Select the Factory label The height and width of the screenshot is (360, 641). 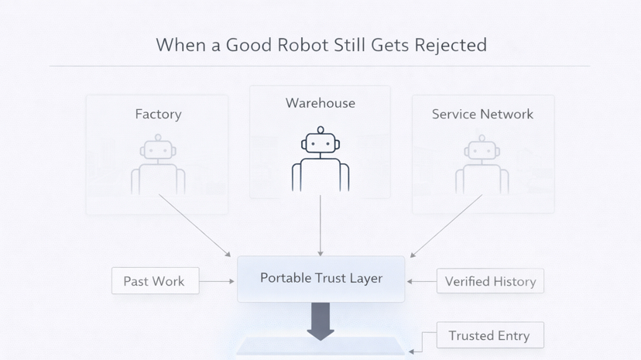coord(158,114)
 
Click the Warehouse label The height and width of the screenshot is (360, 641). coord(320,103)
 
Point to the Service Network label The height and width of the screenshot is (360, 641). coord(482,114)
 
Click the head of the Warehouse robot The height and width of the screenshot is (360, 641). coord(320,144)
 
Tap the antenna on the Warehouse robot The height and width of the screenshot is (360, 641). coord(320,130)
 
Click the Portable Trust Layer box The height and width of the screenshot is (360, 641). coord(320,278)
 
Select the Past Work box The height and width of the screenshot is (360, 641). coord(155,281)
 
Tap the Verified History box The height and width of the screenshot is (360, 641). coord(490,281)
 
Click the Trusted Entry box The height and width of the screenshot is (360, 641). coord(490,335)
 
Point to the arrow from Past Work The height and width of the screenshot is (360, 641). coord(218,281)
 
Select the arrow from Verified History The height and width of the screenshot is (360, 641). coord(421,281)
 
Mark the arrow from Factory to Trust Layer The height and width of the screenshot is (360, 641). coord(194,225)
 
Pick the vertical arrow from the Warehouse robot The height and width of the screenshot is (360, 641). coord(320,225)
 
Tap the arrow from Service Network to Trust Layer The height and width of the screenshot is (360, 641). coord(446,225)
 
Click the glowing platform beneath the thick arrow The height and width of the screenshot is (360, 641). coord(320,348)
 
